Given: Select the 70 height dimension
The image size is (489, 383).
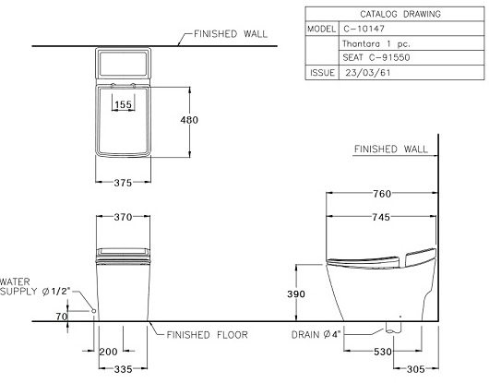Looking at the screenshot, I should coord(62,316).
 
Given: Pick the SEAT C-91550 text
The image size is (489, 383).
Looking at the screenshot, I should coord(377,55).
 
